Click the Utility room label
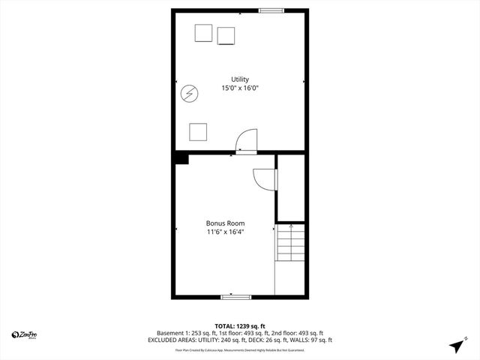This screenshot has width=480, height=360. (240, 79)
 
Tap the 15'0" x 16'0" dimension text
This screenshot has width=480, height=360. (240, 88)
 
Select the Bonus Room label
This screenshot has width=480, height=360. (225, 223)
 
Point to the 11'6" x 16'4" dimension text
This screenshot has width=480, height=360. (225, 232)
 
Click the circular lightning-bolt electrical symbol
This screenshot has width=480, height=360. (189, 93)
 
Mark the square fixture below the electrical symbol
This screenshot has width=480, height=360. (198, 131)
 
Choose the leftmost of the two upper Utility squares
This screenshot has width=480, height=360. (203, 33)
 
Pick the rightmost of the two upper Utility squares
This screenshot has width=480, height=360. (226, 36)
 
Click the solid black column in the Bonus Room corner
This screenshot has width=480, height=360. (181, 157)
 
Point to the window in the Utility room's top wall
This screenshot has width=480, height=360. (271, 10)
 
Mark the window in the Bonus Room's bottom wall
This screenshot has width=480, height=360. (235, 297)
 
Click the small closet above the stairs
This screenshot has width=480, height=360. (291, 187)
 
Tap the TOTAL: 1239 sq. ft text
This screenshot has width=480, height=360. (240, 325)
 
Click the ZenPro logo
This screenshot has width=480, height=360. (25, 334)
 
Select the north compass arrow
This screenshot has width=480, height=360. (456, 346)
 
